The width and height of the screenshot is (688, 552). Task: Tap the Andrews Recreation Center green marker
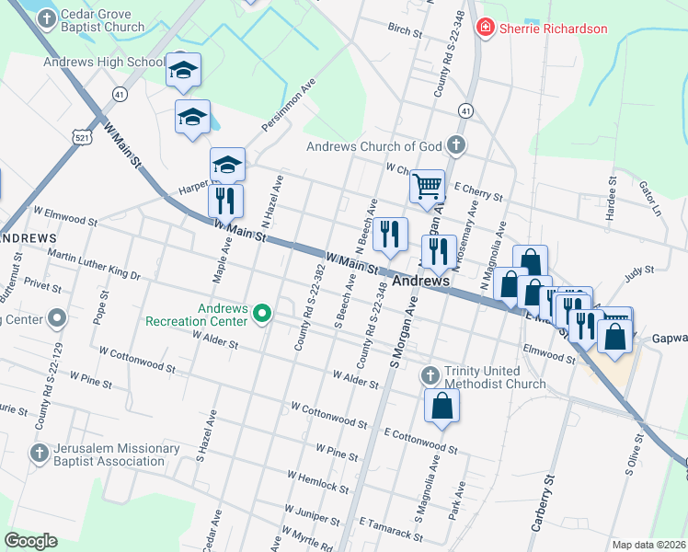point(262,315)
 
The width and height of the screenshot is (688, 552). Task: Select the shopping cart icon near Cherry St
point(427,186)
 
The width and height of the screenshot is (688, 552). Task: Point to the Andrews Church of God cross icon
point(455,145)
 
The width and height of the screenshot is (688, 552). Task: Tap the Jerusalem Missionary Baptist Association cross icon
point(39,453)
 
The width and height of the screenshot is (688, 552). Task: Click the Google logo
point(31,540)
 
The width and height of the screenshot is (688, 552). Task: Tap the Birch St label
point(405,30)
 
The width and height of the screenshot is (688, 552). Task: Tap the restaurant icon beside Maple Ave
point(225,200)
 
